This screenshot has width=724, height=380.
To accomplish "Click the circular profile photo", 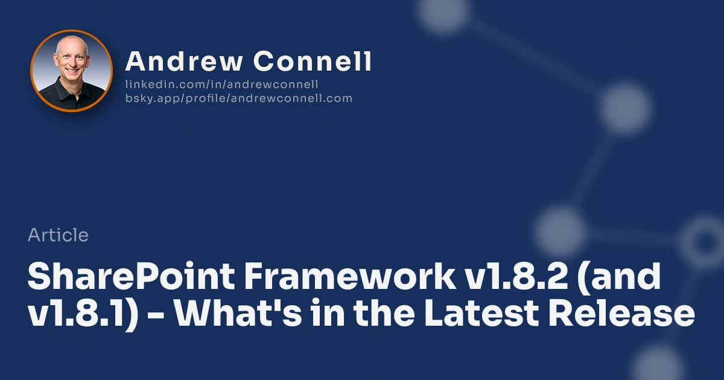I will click(71, 71).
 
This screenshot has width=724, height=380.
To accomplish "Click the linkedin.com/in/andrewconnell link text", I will click(221, 84).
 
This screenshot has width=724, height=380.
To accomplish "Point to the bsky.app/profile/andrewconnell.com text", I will click(238, 98).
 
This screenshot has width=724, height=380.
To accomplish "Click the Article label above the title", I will click(58, 235).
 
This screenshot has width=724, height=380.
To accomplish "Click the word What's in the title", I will click(233, 315).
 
